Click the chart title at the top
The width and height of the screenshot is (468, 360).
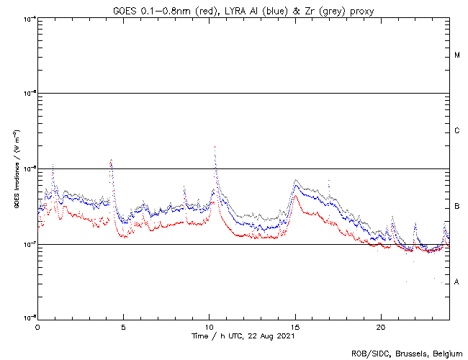pos(243,9)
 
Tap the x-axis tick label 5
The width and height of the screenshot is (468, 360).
pos(123,326)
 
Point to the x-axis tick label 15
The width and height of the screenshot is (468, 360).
pos(295,326)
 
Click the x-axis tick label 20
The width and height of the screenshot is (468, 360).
pos(381,326)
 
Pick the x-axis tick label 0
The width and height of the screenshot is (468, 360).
pos(37,326)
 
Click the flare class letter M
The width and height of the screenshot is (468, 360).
pos(457,55)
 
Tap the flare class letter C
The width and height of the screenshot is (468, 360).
pos(457,131)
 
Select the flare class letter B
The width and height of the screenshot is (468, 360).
pos(457,207)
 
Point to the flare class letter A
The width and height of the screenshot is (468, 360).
pos(457,282)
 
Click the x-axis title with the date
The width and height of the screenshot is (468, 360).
pos(243,336)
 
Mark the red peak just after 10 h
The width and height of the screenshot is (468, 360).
pos(215,147)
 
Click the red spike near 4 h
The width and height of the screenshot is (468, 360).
pos(110,161)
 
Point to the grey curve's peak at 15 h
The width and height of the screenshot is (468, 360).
pos(296,180)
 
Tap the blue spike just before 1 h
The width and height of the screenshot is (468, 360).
pos(53,166)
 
